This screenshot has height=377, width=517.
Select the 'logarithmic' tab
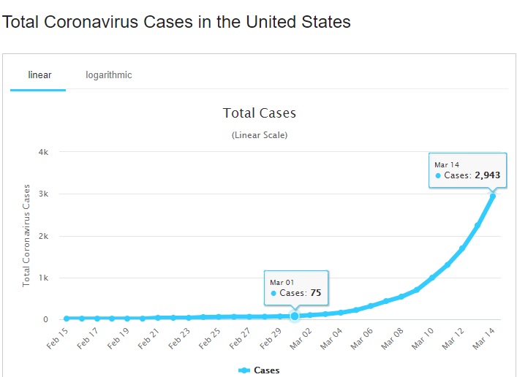tap(109, 75)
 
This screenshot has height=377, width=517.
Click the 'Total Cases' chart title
tap(259, 113)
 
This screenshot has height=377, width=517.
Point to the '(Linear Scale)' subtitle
tap(259, 135)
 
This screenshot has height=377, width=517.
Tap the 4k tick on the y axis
tap(43, 152)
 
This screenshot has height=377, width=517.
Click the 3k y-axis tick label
tap(43, 194)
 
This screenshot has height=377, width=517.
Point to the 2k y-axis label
tap(43, 236)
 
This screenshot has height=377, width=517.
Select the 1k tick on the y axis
tap(43, 278)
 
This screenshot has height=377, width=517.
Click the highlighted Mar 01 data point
tap(295, 316)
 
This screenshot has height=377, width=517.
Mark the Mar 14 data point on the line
tap(493, 196)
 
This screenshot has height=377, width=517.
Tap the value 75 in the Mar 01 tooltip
tap(315, 293)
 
